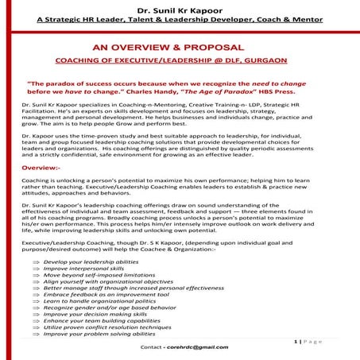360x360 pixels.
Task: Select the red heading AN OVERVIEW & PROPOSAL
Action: click(180, 47)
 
